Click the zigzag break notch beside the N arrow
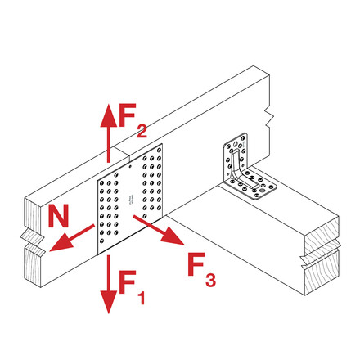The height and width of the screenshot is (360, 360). (32, 243)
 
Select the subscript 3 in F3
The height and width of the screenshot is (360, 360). (210, 280)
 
